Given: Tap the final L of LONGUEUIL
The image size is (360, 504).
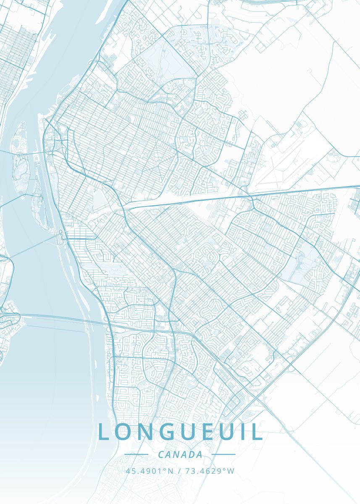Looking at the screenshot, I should (x=258, y=432).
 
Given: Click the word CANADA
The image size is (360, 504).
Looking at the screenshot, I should (x=180, y=454).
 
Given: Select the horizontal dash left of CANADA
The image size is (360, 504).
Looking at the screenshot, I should (x=137, y=454).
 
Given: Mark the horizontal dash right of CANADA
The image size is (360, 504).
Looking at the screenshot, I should (x=223, y=454).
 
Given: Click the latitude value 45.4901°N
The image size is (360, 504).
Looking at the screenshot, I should (x=149, y=471).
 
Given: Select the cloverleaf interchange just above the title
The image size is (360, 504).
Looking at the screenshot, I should (x=254, y=396).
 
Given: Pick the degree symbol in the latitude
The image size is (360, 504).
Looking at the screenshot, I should (x=164, y=469).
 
